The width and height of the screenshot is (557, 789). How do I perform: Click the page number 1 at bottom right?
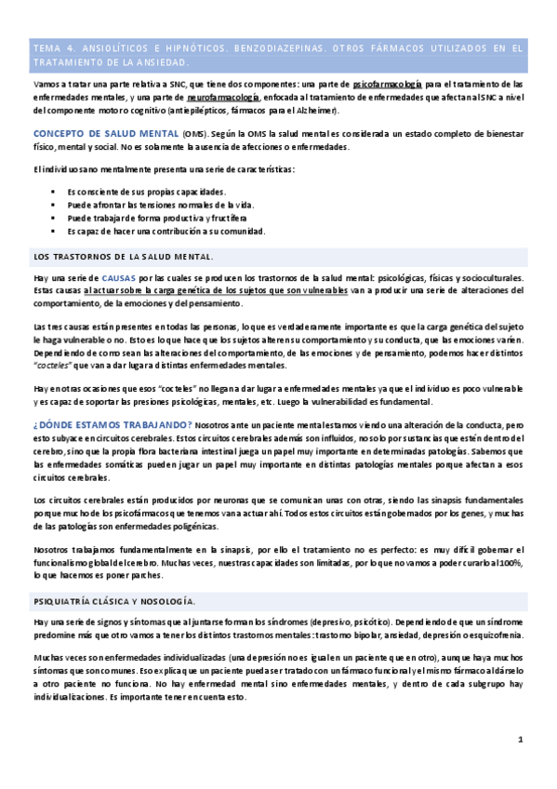[521, 740]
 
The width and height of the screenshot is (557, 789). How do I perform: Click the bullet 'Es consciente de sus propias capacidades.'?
[147, 191]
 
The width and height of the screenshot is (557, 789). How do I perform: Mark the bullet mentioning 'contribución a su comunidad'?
[166, 231]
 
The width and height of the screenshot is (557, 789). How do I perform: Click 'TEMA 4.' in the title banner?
[51, 47]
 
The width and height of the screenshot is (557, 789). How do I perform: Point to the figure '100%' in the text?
[512, 563]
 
